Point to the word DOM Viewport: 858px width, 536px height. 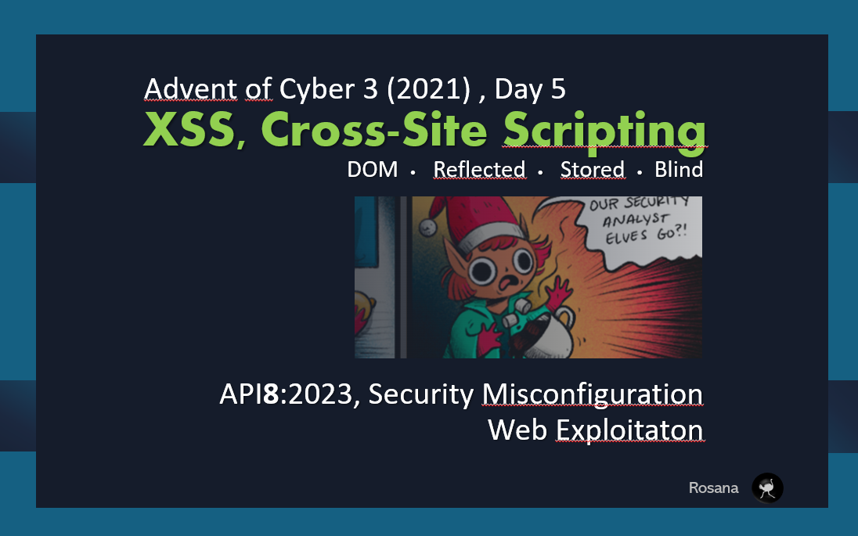tap(373, 169)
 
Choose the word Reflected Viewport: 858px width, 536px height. tap(479, 169)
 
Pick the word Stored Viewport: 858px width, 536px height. tap(592, 169)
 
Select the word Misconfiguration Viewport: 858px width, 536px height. tap(592, 394)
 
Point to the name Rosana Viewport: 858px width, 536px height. tap(713, 488)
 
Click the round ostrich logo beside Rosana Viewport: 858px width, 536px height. tap(767, 487)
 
